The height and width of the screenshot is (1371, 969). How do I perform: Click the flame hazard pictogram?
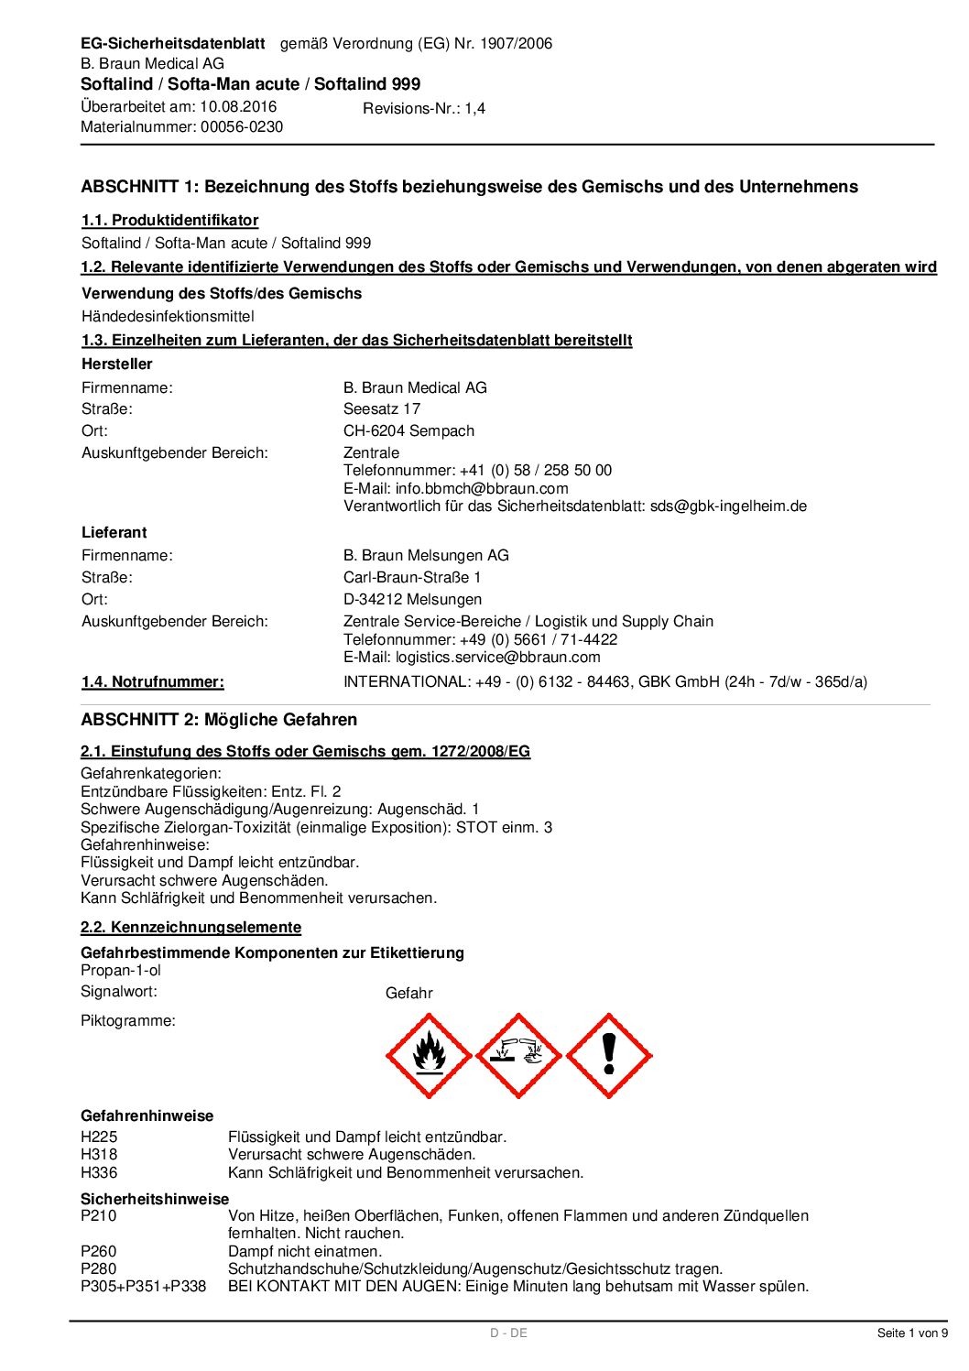point(429,1056)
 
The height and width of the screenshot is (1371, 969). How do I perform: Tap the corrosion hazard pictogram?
point(518,1056)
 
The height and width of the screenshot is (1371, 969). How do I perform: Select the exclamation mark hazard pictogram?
point(609,1056)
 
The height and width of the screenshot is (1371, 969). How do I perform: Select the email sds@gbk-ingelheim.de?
point(728,506)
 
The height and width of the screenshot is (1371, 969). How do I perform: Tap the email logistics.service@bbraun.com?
point(497,657)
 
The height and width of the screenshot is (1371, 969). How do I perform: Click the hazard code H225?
point(99,1137)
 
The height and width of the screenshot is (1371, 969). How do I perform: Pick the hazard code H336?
point(99,1172)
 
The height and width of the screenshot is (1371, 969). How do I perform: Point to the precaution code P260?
point(99,1251)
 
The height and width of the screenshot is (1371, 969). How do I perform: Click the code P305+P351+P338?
point(143,1286)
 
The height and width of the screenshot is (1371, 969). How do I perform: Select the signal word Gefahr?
point(408,993)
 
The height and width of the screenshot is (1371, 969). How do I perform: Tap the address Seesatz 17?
point(382,408)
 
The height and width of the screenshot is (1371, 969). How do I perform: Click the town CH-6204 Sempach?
point(408,430)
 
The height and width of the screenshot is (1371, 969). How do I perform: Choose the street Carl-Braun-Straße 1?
point(412,577)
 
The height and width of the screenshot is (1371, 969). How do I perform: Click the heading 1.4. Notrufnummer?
point(152,681)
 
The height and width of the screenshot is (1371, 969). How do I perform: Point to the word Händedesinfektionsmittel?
point(168,316)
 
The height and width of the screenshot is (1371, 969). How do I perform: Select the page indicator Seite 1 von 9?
point(912,1333)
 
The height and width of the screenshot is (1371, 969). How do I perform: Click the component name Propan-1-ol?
point(121,970)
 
